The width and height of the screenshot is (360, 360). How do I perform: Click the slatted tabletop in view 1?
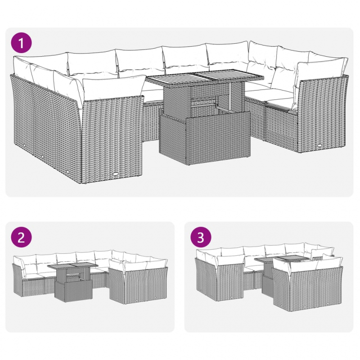tap(205, 77)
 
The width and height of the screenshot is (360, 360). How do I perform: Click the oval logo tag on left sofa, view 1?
tap(117, 176)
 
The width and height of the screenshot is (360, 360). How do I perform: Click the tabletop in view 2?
tap(72, 267)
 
